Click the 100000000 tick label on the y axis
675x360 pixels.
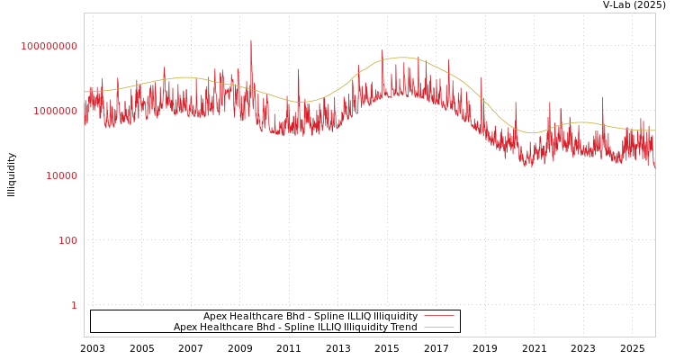(x=49, y=46)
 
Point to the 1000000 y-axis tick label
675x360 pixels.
(x=55, y=111)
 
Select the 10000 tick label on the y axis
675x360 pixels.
(x=61, y=175)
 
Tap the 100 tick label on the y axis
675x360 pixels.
(x=67, y=240)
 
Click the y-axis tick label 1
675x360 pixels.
(x=74, y=305)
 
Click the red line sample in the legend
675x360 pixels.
(x=438, y=316)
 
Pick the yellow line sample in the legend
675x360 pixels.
(x=438, y=327)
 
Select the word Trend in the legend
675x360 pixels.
(x=401, y=327)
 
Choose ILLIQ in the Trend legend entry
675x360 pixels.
(x=326, y=327)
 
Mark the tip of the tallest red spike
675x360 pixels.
(x=251, y=40)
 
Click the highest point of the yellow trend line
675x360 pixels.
(x=403, y=58)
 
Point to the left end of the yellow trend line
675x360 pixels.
(x=85, y=92)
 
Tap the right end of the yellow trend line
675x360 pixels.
(x=654, y=130)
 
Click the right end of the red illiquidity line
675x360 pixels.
(x=654, y=167)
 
